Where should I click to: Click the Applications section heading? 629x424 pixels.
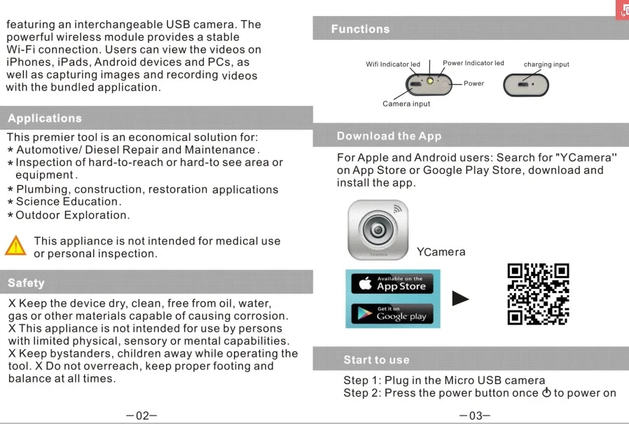pyautogui.click(x=45, y=118)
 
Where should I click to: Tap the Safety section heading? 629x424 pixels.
pyautogui.click(x=26, y=283)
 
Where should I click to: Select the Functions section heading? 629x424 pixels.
pyautogui.click(x=360, y=29)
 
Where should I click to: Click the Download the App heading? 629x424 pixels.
pyautogui.click(x=389, y=136)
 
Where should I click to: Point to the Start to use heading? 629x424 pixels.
pyautogui.click(x=376, y=360)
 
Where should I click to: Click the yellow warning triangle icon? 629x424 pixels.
pyautogui.click(x=15, y=246)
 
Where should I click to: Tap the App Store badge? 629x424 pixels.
pyautogui.click(x=392, y=284)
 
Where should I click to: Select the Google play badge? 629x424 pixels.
pyautogui.click(x=392, y=313)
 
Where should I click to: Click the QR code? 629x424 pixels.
pyautogui.click(x=539, y=294)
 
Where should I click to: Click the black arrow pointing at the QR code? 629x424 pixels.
pyautogui.click(x=460, y=299)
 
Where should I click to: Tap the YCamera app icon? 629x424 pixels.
pyautogui.click(x=378, y=230)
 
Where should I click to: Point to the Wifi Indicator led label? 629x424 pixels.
pyautogui.click(x=393, y=64)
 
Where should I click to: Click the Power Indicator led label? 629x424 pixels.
pyautogui.click(x=474, y=63)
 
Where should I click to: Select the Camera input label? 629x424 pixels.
pyautogui.click(x=406, y=104)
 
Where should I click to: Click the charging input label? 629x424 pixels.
pyautogui.click(x=546, y=64)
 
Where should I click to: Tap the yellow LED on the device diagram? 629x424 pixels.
pyautogui.click(x=430, y=81)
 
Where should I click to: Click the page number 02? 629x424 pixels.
pyautogui.click(x=142, y=416)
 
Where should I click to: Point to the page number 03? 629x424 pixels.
pyautogui.click(x=475, y=416)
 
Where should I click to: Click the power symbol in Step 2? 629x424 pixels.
pyautogui.click(x=546, y=392)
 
